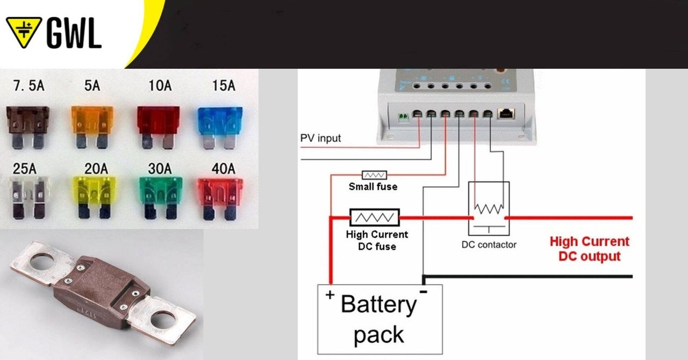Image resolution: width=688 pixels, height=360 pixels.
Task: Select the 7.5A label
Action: click(27, 85)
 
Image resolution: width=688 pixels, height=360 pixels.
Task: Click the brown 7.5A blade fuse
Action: click(27, 126)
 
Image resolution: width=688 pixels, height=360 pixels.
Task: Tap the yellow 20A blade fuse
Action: click(92, 196)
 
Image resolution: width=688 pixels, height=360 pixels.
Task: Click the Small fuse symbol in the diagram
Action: click(374, 175)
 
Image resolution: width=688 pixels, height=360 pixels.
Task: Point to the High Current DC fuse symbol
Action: click(375, 218)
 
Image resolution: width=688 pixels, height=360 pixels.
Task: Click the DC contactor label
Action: click(489, 244)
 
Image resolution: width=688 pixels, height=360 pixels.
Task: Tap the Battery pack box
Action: click(379, 319)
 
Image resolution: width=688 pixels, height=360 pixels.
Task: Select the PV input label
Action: click(320, 138)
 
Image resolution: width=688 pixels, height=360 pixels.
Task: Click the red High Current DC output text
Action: click(589, 249)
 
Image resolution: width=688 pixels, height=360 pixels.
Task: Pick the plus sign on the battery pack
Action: click(328, 294)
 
